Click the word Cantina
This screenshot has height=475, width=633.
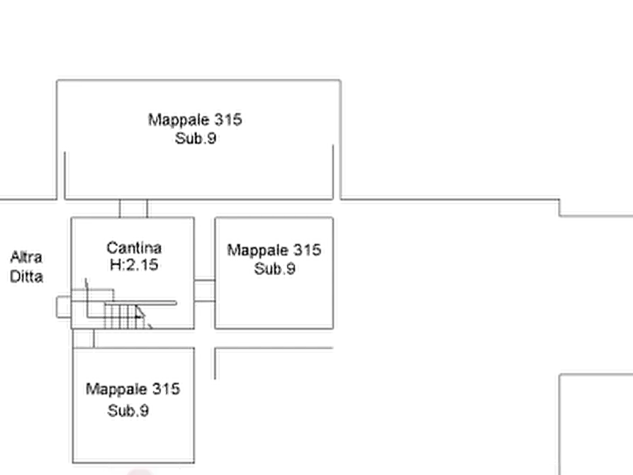click(134, 247)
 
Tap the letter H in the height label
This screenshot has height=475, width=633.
click(115, 265)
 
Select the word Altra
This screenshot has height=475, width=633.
click(26, 257)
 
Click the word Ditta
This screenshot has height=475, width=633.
click(26, 276)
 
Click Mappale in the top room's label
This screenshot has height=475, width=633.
click(179, 120)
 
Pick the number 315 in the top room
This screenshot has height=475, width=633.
click(228, 120)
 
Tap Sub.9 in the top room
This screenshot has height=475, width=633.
click(196, 138)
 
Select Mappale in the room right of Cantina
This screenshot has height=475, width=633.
click(257, 250)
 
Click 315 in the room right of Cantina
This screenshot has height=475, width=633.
click(307, 250)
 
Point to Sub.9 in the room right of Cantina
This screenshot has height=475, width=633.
click(274, 269)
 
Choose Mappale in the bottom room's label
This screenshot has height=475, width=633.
click(116, 389)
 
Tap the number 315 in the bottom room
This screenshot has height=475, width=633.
click(166, 389)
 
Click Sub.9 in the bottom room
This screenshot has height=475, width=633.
click(128, 410)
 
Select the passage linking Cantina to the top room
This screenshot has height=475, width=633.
click(134, 208)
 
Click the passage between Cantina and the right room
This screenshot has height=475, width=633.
click(205, 291)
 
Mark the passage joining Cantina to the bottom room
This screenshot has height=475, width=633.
click(84, 338)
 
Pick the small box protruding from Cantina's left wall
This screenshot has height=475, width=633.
click(64, 307)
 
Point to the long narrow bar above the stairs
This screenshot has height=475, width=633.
click(140, 303)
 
